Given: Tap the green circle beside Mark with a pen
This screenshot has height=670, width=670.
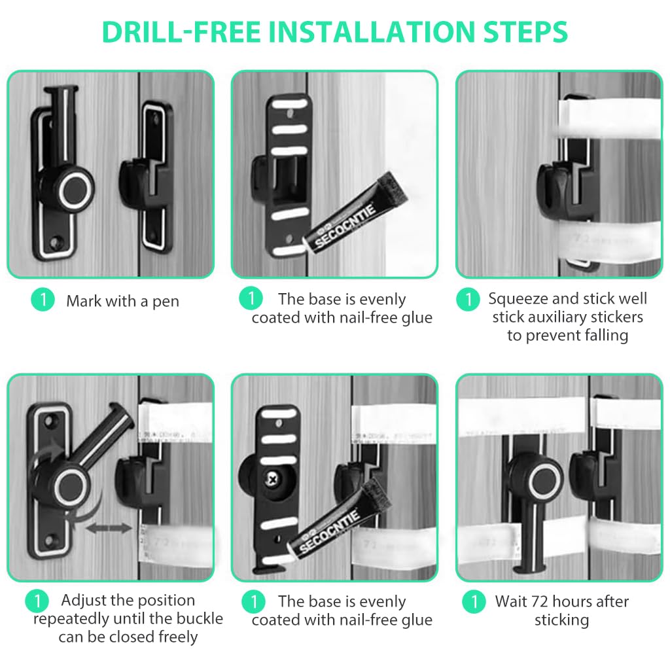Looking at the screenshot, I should click(x=43, y=300).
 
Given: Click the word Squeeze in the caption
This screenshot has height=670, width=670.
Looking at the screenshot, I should click(x=519, y=299).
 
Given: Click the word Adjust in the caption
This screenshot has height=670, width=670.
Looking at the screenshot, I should click(x=85, y=601).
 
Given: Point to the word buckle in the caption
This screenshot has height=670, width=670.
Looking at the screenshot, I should click(x=198, y=618).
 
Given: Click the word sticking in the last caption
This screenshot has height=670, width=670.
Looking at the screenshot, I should click(x=561, y=620).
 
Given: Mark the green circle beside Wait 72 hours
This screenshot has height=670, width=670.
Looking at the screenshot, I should click(x=474, y=601).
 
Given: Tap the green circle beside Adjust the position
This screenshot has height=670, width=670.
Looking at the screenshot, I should click(x=37, y=601).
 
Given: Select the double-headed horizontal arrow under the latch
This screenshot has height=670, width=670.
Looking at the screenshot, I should click(x=109, y=527).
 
